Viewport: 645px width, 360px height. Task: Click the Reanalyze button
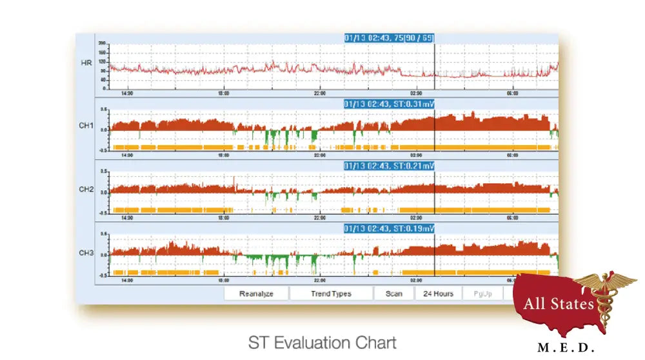point(256,294)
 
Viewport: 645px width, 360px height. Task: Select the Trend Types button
point(331,294)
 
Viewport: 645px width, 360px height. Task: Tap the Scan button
point(393,294)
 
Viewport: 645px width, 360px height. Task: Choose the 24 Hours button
point(438,294)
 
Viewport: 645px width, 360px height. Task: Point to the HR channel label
point(85,63)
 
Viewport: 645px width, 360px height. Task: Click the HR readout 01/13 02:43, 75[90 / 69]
point(389,38)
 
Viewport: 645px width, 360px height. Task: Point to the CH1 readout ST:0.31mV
point(389,104)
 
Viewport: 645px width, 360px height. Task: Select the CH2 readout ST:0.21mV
point(389,166)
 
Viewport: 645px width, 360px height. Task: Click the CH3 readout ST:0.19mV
point(389,228)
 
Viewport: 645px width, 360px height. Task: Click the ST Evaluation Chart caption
point(322,342)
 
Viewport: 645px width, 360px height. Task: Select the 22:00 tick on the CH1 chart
point(319,155)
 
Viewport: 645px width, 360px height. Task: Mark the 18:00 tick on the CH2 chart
point(223,218)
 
